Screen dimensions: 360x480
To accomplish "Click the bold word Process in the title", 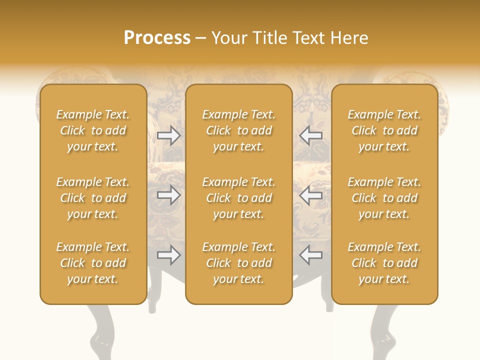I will tap(157, 38).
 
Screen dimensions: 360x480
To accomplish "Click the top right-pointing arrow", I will tap(168, 135).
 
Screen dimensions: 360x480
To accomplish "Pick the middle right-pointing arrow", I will tap(168, 195).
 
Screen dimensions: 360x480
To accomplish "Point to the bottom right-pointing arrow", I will tap(168, 255).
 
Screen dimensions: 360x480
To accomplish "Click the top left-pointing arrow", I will tap(310, 135).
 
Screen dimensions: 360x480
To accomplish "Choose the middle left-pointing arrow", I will tap(310, 195).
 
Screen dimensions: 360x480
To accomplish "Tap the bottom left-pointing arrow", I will tap(310, 255).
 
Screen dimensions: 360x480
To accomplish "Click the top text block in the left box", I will tap(93, 130).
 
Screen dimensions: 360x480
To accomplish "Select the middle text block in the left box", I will tap(93, 198).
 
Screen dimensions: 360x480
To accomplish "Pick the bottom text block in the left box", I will tap(93, 263).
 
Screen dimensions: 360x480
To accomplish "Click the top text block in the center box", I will tap(238, 130).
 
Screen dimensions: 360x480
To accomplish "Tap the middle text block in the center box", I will tap(238, 198).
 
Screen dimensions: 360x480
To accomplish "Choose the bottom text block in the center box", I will tap(238, 263).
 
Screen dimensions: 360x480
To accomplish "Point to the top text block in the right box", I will tap(384, 130).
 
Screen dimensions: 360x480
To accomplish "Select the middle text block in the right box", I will tap(384, 198).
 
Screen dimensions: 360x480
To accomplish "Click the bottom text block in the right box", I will tap(384, 263).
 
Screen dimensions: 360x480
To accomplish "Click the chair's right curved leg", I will tap(382, 330).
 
